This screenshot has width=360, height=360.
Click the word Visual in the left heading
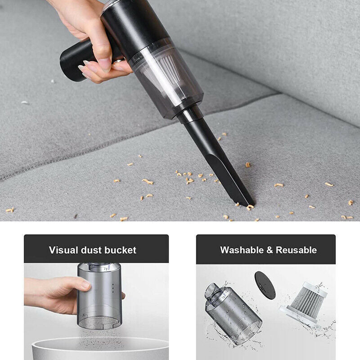click(63, 250)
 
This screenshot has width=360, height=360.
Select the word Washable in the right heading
click(241, 250)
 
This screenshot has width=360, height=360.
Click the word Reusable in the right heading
click(296, 250)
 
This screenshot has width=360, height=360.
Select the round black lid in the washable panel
click(265, 284)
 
